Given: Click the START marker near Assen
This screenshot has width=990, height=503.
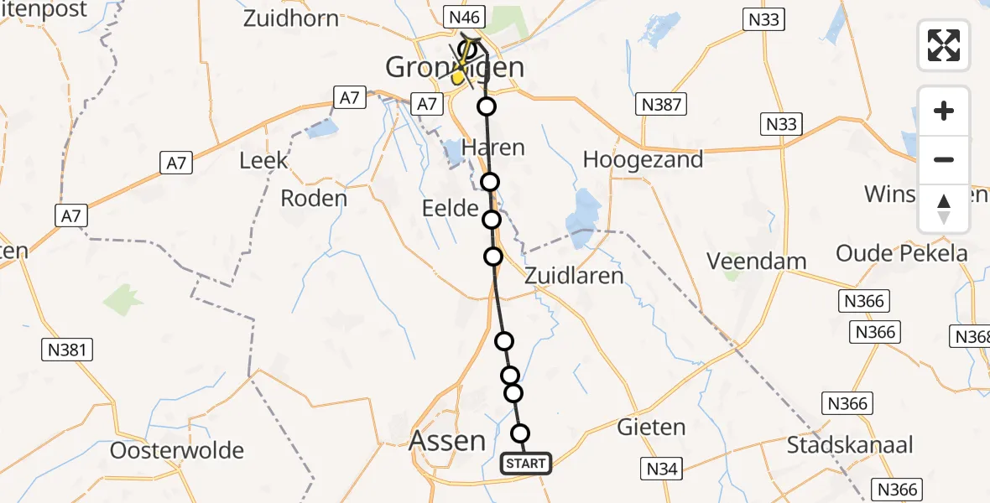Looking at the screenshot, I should (x=526, y=463).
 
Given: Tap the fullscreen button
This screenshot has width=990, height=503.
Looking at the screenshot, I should (x=944, y=45).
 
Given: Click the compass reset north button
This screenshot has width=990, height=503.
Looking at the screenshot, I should (x=944, y=209).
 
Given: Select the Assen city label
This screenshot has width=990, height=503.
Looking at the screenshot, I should (x=449, y=440).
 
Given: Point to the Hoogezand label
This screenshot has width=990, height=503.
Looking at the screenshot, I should (x=643, y=160).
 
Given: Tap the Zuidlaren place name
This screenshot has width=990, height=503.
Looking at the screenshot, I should (x=575, y=275).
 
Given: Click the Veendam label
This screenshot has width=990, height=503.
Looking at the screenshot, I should (x=757, y=261).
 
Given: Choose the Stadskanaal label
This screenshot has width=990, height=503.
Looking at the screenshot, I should (x=850, y=444).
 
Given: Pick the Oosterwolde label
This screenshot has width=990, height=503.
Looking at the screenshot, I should (x=177, y=450).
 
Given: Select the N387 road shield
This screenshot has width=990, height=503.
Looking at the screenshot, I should (x=662, y=104).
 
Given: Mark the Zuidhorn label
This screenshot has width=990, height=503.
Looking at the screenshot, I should (x=291, y=18).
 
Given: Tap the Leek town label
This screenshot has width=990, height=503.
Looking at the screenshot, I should (x=263, y=160).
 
